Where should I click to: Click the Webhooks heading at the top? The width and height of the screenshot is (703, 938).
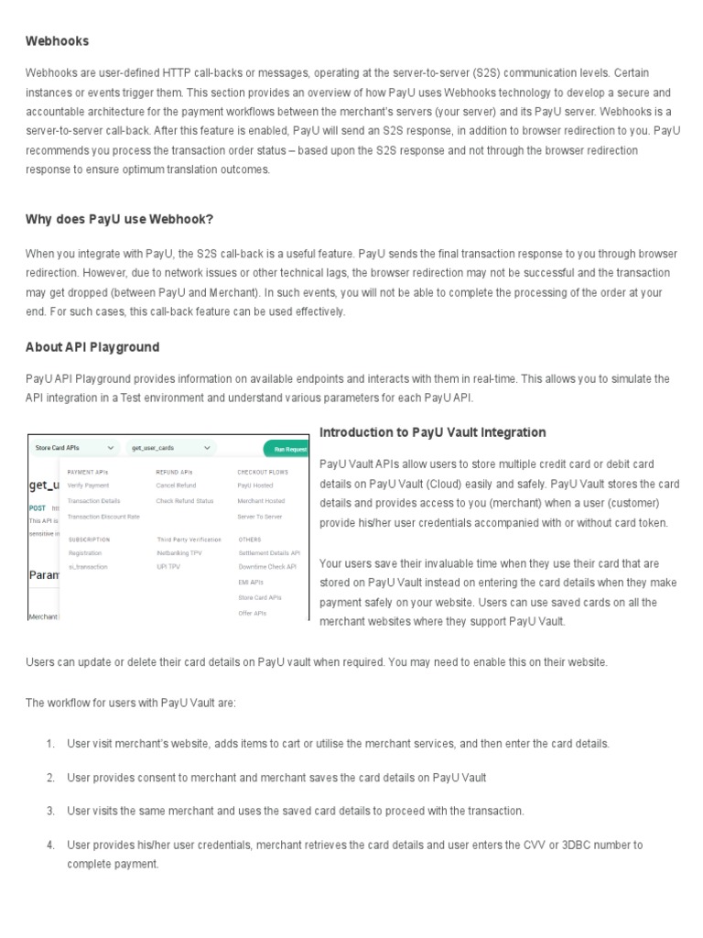57,41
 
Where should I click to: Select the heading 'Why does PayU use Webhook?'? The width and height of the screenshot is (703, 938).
119,219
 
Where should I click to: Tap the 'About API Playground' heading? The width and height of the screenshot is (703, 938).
92,347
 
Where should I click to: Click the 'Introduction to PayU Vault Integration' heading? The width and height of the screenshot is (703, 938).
432,432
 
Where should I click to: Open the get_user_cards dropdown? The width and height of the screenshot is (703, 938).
171,448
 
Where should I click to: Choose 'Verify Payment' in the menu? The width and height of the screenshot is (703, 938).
88,485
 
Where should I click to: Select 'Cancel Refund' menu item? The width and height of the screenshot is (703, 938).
176,485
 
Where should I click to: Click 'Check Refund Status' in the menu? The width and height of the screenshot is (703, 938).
184,501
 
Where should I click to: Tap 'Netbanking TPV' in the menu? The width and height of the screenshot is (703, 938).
178,553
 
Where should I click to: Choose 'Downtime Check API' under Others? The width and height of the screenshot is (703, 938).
267,567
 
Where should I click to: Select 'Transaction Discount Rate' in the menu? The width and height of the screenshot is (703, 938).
103,517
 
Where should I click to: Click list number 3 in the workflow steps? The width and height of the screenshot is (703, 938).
50,811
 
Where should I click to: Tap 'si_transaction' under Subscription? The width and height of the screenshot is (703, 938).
87,567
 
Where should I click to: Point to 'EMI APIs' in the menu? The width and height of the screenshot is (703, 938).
252,583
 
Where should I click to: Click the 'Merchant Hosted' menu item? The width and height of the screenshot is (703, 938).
261,501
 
